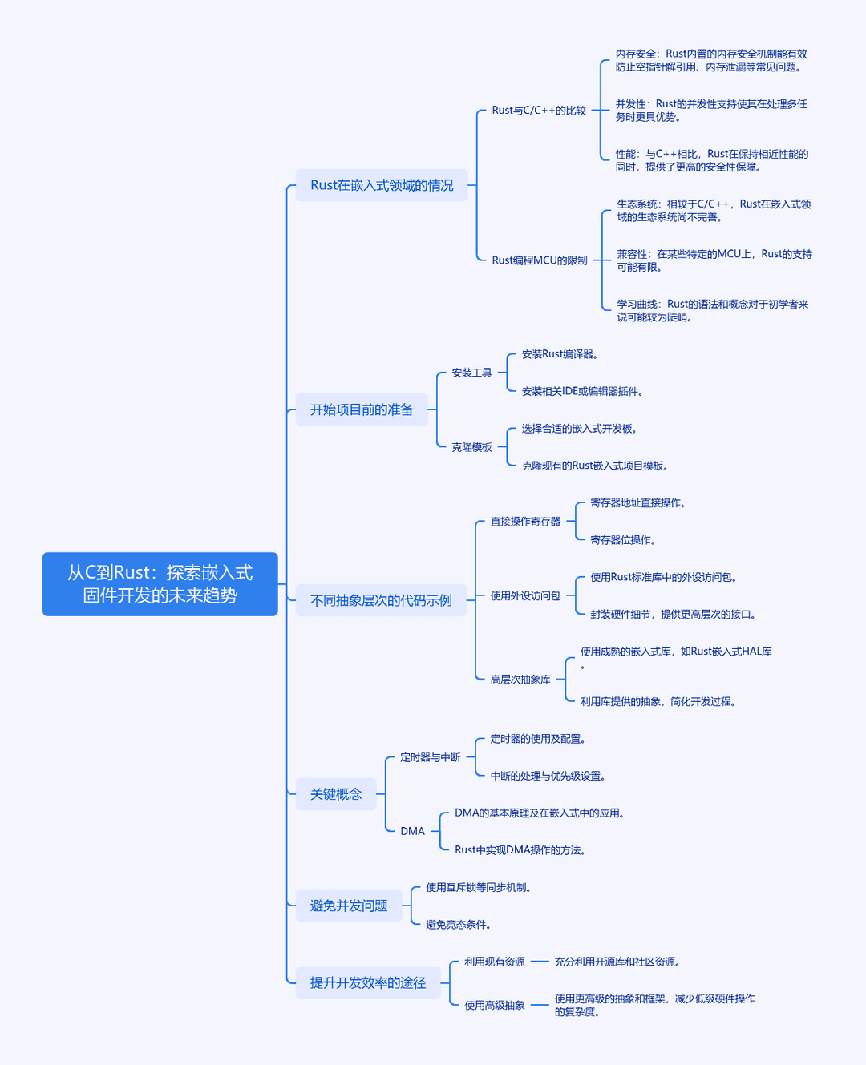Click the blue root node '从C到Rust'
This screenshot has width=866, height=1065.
click(160, 583)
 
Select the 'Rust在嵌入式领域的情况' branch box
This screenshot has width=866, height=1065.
click(382, 185)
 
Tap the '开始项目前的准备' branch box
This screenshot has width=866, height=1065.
click(362, 409)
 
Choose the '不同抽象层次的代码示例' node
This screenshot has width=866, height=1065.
click(381, 600)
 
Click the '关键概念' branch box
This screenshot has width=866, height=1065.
click(336, 794)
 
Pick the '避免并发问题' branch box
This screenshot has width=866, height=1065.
click(349, 906)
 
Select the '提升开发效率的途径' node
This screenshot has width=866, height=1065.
click(368, 983)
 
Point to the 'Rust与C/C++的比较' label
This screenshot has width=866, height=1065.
click(539, 110)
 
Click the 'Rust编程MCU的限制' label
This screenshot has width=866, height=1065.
click(540, 260)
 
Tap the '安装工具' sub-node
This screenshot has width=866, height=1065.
click(471, 373)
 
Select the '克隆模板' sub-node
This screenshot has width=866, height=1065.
click(471, 447)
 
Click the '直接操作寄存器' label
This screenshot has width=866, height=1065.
click(525, 522)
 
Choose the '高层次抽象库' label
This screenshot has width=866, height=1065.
click(520, 679)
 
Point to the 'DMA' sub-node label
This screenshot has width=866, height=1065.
click(412, 831)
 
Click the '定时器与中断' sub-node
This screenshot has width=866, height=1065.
click(431, 757)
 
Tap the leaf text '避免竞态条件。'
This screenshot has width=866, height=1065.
click(459, 925)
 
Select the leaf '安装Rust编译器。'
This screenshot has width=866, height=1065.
click(560, 354)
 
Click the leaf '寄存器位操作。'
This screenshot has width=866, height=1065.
click(623, 540)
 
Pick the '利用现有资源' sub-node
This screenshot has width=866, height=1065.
click(494, 962)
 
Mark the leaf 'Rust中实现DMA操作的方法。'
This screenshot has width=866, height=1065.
click(520, 850)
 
